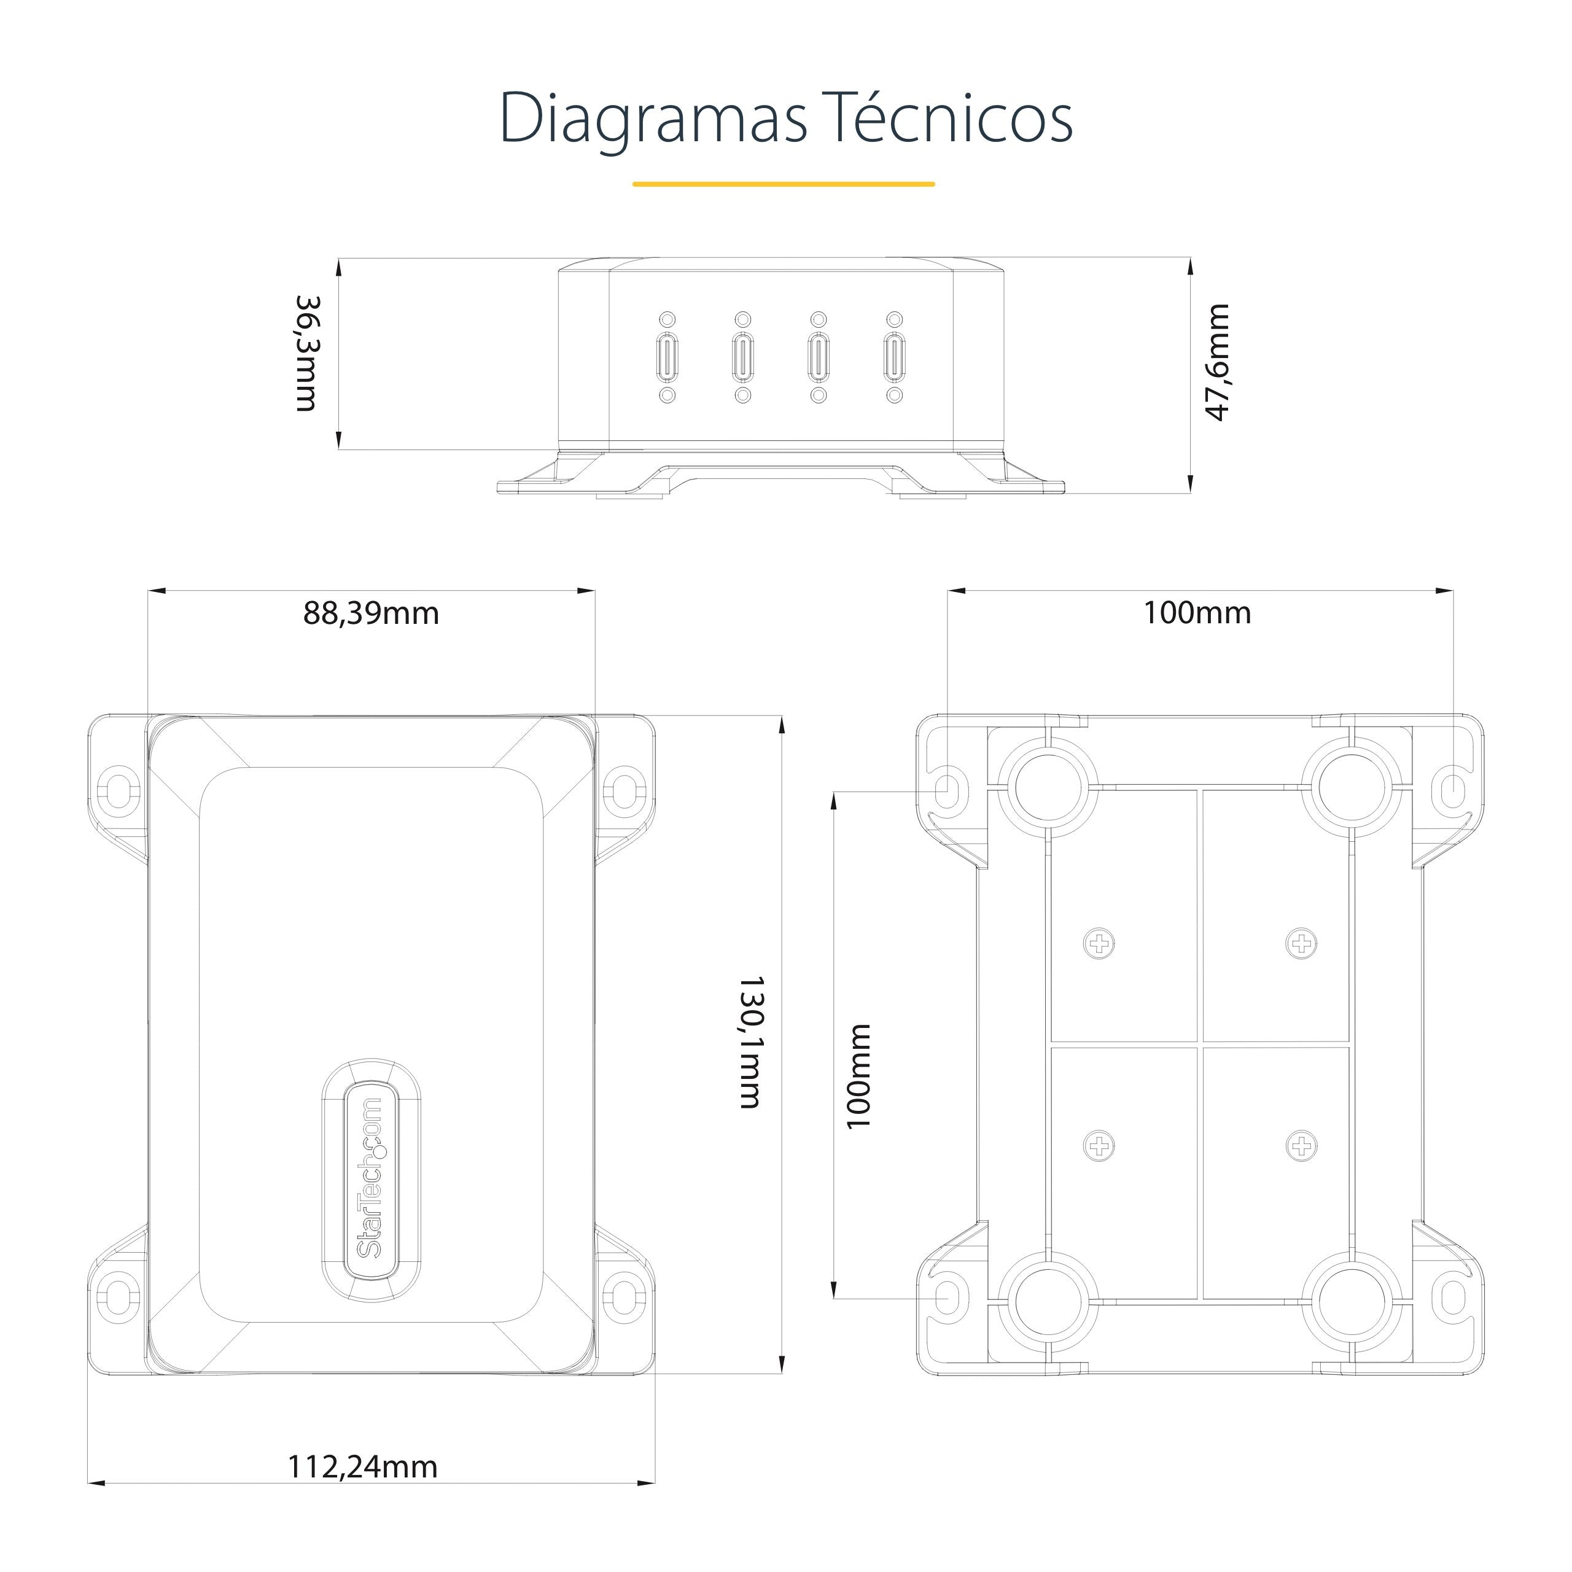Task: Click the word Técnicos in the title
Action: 946,119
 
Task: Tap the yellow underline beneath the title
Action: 784,184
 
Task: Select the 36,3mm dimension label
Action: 308,354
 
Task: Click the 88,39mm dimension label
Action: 371,613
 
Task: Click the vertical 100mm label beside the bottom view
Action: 858,1076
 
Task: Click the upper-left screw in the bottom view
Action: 1099,944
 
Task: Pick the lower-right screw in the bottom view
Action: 1302,1146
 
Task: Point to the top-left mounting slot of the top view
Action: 118,788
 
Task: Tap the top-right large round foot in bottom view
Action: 1352,788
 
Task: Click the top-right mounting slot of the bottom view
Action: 1453,789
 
